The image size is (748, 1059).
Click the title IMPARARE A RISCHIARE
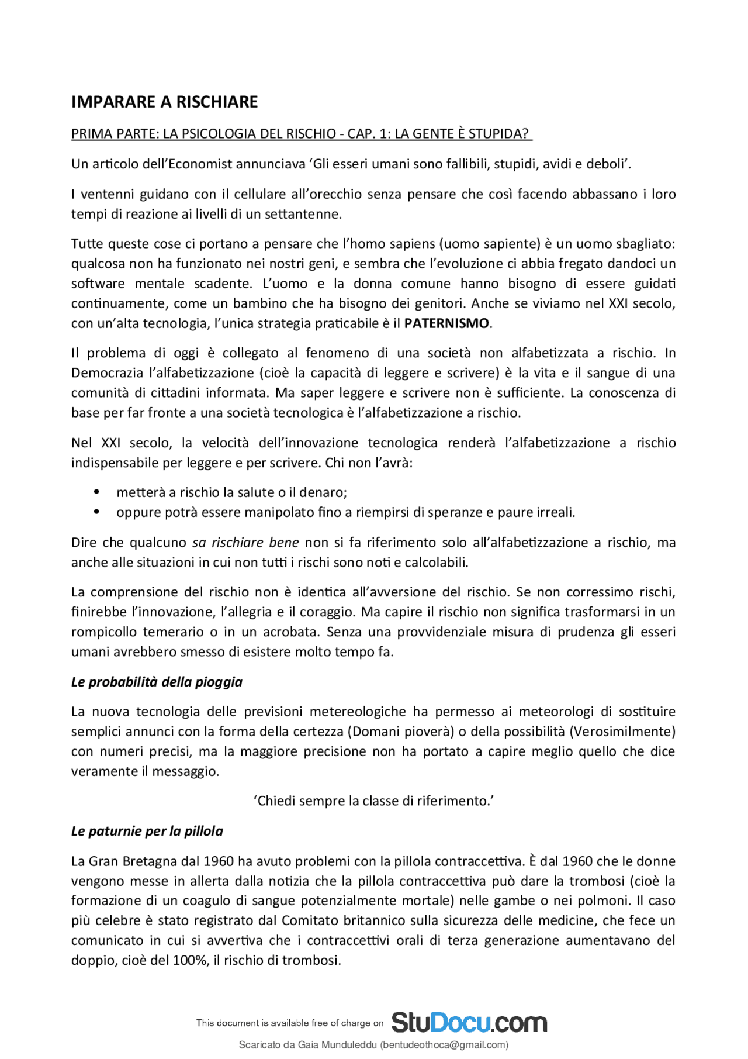164,102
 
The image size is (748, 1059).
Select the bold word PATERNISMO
446,323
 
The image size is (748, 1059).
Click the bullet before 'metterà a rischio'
97,492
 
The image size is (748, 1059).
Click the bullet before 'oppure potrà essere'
97,512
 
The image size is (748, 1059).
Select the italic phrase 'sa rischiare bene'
245,543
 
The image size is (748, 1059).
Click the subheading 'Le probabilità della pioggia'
157,682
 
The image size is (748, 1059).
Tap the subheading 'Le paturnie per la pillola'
147,831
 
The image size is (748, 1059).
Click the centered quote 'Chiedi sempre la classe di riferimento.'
374,801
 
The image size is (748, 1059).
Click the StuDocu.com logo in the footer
469,1022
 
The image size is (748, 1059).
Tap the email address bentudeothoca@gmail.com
444,1045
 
